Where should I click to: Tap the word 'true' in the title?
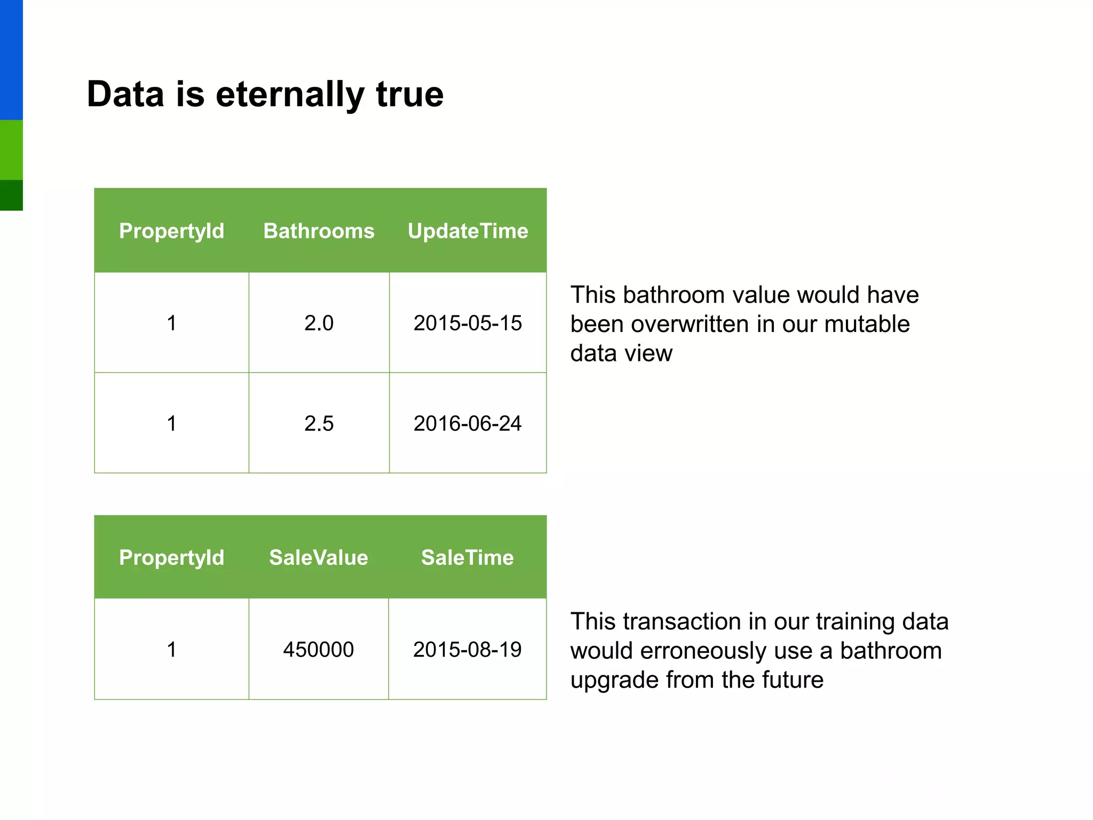point(409,94)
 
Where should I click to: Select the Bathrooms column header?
point(319,231)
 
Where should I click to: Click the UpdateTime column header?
point(468,231)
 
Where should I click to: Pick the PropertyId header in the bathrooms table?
point(171,231)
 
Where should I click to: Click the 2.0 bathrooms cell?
point(319,323)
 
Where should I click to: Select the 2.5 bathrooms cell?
point(319,423)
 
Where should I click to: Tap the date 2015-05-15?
point(468,323)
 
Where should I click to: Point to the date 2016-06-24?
point(468,423)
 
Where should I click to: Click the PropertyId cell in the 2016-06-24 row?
point(171,423)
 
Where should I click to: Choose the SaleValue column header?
point(319,558)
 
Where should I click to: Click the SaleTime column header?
point(468,558)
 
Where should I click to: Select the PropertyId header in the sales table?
point(171,558)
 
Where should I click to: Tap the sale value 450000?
point(319,650)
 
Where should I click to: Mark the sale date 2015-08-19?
point(468,650)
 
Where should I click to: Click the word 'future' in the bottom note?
point(793,680)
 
